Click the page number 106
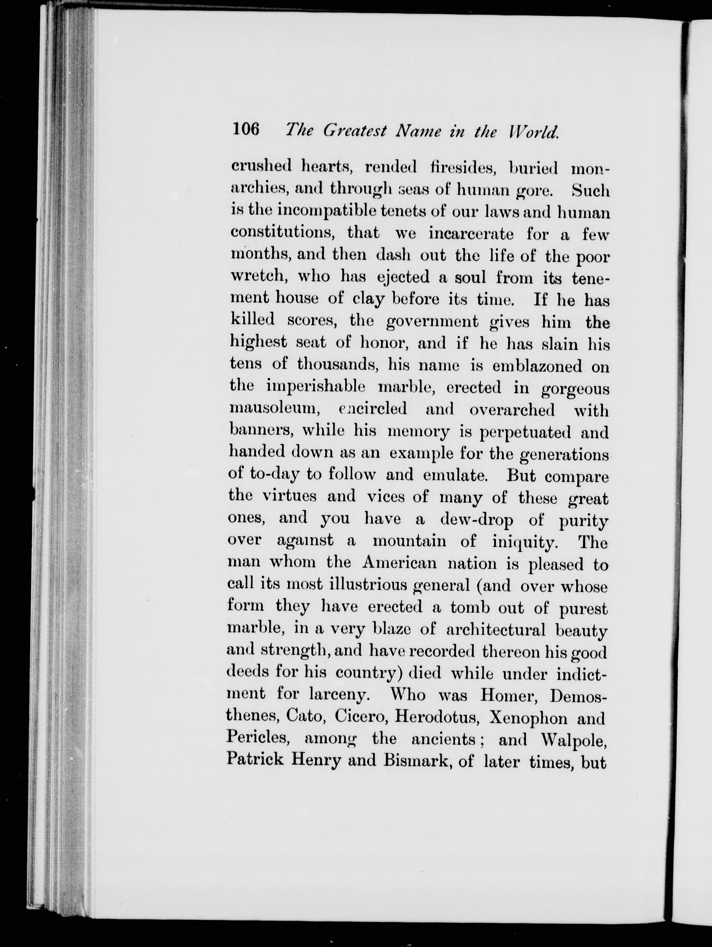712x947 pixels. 246,128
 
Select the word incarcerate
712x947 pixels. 471,234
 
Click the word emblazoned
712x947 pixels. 537,366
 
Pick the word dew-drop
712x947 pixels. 477,520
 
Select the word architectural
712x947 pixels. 495,629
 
